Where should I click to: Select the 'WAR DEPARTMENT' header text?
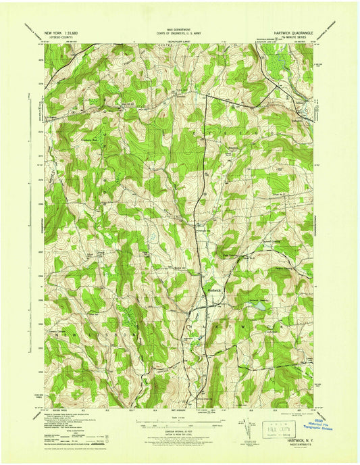[179, 29]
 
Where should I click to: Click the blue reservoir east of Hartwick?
[257, 306]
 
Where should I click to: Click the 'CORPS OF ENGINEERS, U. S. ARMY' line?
[179, 33]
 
